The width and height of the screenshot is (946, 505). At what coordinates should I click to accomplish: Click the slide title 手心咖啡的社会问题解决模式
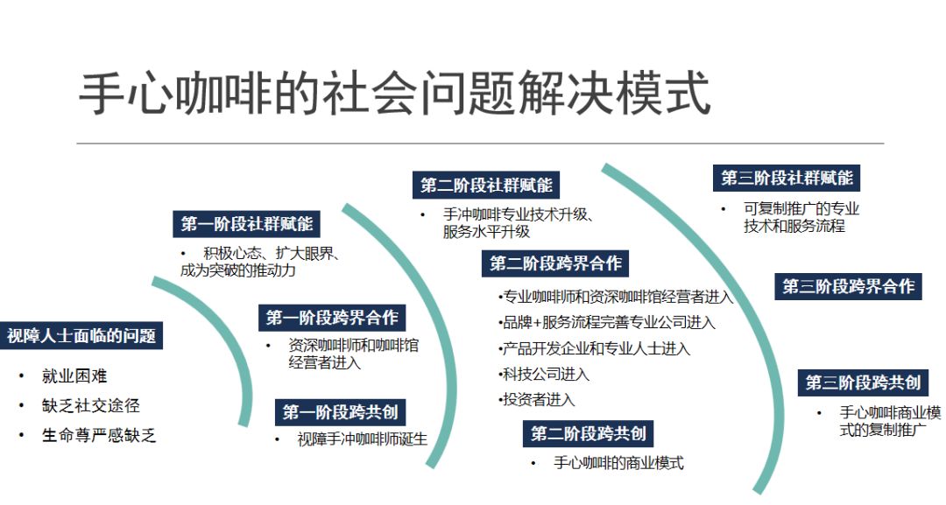tap(394, 94)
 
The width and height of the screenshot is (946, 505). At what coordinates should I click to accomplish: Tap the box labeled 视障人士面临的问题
tap(81, 336)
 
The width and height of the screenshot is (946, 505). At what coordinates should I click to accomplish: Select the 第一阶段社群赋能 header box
tap(246, 224)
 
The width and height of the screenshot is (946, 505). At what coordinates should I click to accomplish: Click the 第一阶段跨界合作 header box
tap(332, 318)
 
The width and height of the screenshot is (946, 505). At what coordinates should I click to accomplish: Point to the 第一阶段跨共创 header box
tap(340, 412)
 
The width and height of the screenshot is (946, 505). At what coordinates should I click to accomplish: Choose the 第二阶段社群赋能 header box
tap(486, 185)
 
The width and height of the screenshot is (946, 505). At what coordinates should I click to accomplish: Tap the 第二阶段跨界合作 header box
tap(555, 263)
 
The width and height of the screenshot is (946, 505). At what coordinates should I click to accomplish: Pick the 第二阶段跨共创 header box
tap(588, 434)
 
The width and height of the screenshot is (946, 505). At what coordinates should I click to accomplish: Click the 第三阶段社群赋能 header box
tap(787, 178)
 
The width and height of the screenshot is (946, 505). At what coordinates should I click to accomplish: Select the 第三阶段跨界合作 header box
tap(848, 286)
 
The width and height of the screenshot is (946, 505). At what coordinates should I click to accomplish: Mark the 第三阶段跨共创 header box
tap(863, 382)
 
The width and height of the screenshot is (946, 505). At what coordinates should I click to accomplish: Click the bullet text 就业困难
tap(74, 376)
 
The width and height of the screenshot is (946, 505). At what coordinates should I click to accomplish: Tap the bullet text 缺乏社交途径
tap(90, 405)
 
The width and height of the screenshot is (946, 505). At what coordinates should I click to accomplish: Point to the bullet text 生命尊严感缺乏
tap(99, 435)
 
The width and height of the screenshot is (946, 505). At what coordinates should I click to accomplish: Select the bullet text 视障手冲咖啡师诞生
tap(362, 439)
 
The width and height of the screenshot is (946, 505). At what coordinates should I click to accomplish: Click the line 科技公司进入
tap(544, 375)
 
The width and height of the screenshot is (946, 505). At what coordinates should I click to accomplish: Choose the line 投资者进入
tap(537, 400)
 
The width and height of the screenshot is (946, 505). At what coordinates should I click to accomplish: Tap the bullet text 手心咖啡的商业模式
tap(618, 463)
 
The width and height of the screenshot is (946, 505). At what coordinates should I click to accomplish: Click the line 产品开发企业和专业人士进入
tap(594, 348)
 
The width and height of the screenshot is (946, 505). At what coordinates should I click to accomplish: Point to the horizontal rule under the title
tap(480, 144)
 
